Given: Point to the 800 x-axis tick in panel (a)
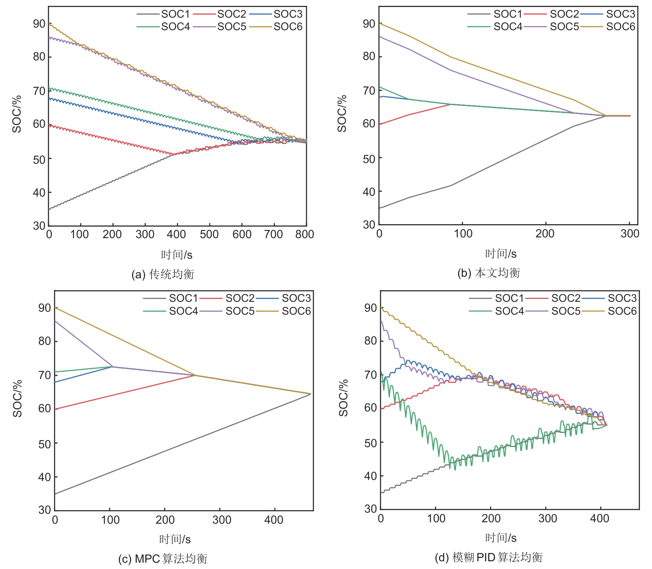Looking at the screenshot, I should coord(304,234).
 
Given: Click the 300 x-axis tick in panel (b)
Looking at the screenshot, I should coord(630,233).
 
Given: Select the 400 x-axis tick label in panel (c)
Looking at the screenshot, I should coord(273,520).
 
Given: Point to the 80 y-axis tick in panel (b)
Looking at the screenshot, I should coord(369,56).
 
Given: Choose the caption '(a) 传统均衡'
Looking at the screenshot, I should coord(163,274).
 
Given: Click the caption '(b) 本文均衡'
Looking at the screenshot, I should coord(489,273).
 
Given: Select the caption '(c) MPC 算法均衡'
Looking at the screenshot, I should coord(163,559).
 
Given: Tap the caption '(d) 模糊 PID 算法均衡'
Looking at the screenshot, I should coord(489,558).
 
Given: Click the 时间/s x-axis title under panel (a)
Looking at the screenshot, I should coord(177,255).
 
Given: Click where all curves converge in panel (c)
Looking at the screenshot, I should coord(310,394).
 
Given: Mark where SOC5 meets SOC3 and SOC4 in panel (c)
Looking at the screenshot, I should coord(112,367).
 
